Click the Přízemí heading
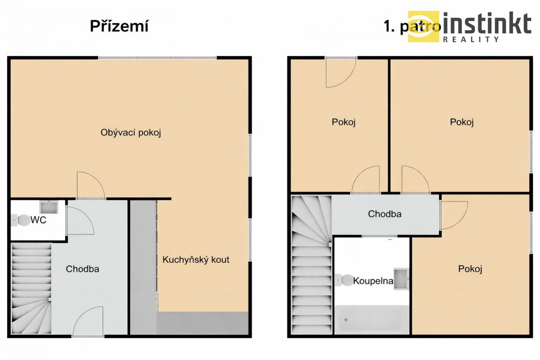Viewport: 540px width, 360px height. (119, 26)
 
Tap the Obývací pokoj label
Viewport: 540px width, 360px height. (131, 133)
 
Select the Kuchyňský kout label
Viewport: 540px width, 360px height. (196, 260)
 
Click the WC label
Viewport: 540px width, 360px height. (38, 220)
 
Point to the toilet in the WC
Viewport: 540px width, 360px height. (21, 220)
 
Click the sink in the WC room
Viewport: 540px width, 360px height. (49, 207)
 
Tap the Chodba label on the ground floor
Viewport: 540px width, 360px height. (82, 269)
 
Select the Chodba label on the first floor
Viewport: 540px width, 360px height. (385, 214)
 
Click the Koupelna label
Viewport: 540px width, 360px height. (373, 281)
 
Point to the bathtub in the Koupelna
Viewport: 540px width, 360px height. (372, 320)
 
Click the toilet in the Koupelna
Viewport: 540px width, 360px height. (344, 280)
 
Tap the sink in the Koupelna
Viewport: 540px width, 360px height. (401, 279)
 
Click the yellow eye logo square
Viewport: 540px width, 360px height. (423, 26)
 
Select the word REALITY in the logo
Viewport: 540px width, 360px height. (471, 39)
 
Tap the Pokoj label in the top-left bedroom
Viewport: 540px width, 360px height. (344, 122)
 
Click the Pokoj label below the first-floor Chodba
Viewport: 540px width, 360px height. (470, 269)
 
